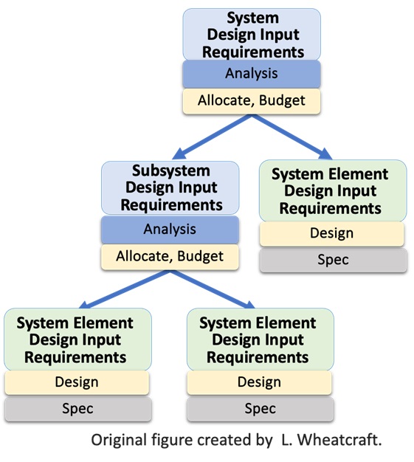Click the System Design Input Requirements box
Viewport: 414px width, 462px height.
(252, 35)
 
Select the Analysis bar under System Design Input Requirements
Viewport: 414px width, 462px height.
(252, 74)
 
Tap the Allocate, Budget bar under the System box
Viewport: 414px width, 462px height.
(252, 101)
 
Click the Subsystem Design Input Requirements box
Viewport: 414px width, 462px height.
(170, 187)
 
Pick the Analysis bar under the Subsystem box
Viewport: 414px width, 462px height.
(170, 230)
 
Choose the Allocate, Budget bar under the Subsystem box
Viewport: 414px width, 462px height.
(170, 256)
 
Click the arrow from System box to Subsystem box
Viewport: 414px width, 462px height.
(212, 137)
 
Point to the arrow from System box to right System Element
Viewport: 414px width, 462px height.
(291, 137)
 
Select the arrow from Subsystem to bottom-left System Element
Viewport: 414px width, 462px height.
(124, 289)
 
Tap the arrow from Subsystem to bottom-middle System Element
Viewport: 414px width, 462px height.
(213, 289)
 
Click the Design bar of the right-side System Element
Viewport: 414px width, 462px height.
(332, 234)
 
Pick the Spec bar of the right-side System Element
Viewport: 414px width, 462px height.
(334, 260)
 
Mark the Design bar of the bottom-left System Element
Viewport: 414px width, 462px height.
(77, 382)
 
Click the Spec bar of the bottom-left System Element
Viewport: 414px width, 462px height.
(78, 409)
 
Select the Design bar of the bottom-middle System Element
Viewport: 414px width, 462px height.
(259, 382)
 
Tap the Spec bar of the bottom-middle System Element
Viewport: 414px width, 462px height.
(261, 409)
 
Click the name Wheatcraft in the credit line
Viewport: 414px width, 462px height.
(339, 440)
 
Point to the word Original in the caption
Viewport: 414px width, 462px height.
(119, 441)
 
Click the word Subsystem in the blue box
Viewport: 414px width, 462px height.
(171, 171)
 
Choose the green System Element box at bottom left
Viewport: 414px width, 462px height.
(77, 339)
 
